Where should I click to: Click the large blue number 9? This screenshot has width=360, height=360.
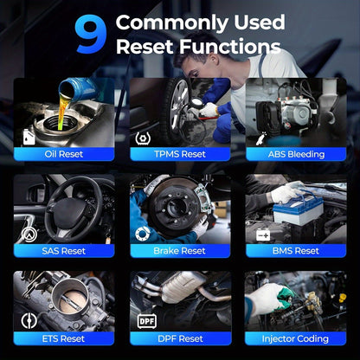click(90, 34)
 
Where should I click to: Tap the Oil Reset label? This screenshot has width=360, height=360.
click(64, 154)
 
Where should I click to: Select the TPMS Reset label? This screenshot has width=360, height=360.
click(180, 154)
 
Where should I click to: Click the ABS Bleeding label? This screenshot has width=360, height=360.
click(296, 154)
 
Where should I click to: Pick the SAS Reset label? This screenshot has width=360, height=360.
click(64, 251)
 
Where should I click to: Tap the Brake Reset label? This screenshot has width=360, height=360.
click(180, 251)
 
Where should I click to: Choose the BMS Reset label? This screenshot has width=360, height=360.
click(296, 251)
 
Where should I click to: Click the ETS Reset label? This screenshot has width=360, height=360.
click(64, 338)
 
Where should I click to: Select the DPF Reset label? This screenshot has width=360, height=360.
click(181, 338)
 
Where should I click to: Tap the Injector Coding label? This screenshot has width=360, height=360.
click(295, 338)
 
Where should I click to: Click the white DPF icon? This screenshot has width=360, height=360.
click(147, 321)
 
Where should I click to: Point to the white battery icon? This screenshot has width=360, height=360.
click(263, 235)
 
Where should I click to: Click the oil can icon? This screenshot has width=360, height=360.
click(29, 138)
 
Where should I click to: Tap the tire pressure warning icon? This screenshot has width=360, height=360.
click(143, 138)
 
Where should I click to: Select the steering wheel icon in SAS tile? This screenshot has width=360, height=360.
click(29, 235)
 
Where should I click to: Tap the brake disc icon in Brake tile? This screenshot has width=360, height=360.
click(143, 234)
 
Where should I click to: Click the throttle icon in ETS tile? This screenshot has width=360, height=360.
click(29, 321)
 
